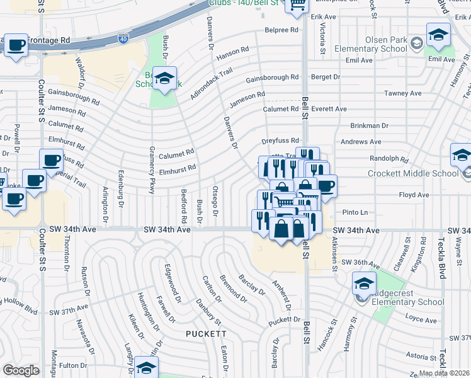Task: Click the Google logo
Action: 21,370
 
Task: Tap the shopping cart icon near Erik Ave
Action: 296,5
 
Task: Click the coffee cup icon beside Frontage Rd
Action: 18,45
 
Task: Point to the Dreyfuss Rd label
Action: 280,141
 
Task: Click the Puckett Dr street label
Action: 284,320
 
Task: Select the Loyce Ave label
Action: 421,320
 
